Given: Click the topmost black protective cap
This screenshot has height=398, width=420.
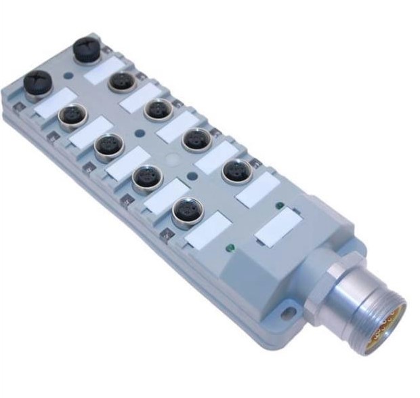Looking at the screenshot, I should pyautogui.click(x=87, y=49).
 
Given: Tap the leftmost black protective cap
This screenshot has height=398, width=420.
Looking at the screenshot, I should pyautogui.click(x=37, y=83).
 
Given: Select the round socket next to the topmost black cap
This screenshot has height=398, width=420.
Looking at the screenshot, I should pyautogui.click(x=123, y=82).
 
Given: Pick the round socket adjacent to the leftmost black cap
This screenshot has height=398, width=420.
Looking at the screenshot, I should pyautogui.click(x=71, y=117).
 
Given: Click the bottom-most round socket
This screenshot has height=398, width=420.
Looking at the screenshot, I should pyautogui.click(x=187, y=212).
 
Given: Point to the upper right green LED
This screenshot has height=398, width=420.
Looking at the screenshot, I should pyautogui.click(x=279, y=205).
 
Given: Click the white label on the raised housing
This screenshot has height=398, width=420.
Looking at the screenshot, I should pyautogui.click(x=278, y=227).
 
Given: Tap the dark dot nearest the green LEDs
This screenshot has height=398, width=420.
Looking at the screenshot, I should pyautogui.click(x=192, y=176).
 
